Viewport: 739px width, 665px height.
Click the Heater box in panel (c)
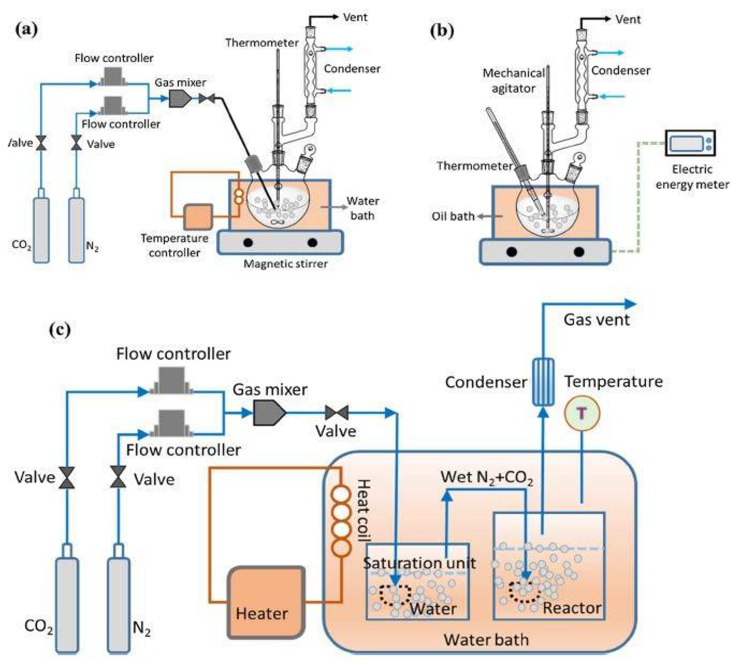click(266, 602)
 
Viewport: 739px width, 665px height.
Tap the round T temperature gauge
click(582, 413)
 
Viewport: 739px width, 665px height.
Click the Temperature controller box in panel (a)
click(198, 217)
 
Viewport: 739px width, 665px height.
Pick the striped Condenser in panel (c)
click(543, 382)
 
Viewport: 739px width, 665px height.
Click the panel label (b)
click(442, 30)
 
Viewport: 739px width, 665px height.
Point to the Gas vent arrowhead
click(630, 304)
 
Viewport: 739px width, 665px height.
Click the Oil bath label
click(453, 216)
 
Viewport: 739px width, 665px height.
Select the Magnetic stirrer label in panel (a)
click(285, 264)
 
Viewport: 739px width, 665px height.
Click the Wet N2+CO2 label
click(486, 478)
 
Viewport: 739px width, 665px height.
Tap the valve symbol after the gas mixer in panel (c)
click(336, 413)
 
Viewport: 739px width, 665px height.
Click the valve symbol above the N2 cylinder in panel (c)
click(118, 477)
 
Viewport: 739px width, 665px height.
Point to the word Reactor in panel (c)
click(572, 608)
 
